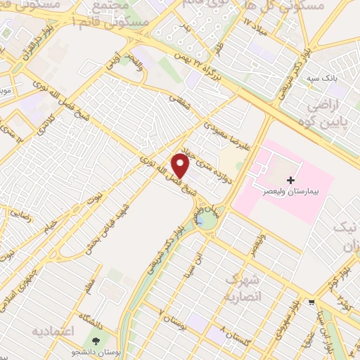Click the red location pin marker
click(x=181, y=165)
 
